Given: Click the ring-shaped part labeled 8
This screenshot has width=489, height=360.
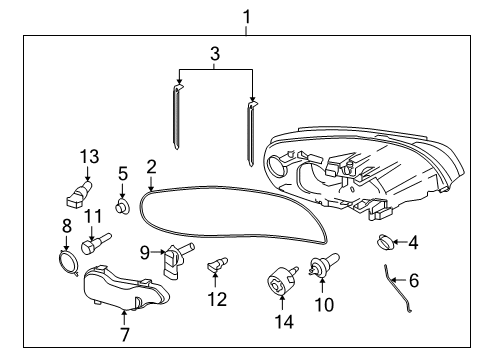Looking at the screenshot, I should (x=68, y=263).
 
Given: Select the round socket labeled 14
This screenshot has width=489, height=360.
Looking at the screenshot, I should (x=279, y=280).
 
